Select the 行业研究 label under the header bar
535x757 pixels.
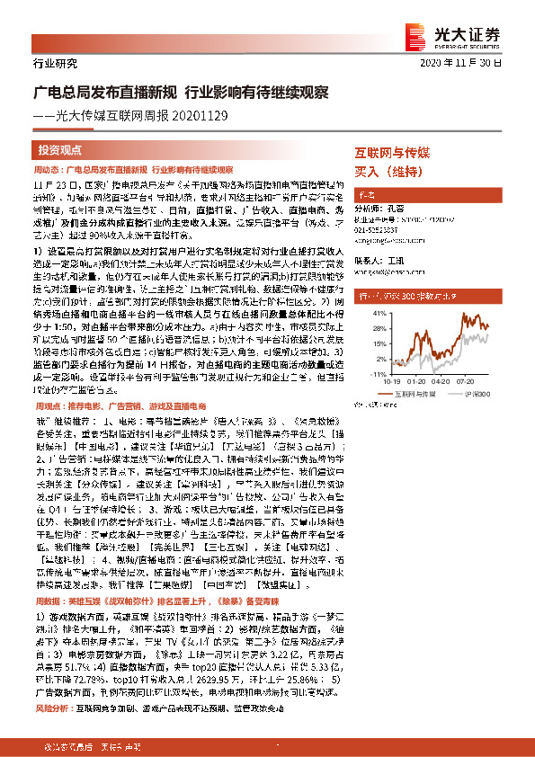(56, 64)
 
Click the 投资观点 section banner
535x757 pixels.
(61, 150)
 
